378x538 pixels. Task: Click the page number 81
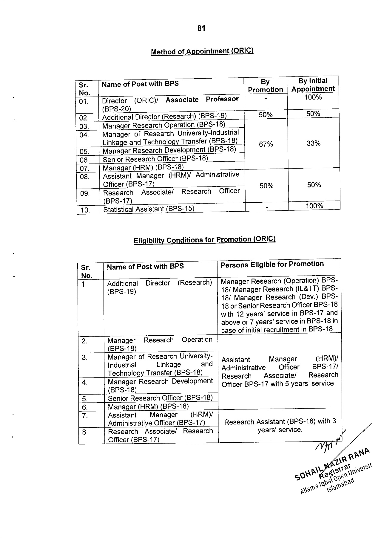tap(201, 28)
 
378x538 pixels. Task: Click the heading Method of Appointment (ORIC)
tap(202, 51)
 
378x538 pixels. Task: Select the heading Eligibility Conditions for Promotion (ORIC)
tap(204, 240)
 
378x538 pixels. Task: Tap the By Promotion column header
tap(265, 85)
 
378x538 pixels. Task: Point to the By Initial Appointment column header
tap(313, 85)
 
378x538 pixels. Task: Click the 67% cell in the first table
tap(266, 144)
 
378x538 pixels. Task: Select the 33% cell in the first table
tap(314, 143)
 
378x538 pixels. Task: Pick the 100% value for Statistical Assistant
tap(314, 206)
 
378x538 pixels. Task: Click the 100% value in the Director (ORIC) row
tap(313, 97)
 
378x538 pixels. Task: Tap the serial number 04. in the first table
tap(84, 135)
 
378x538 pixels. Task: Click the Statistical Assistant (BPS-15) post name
tap(149, 209)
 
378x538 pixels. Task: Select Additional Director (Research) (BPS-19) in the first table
tap(164, 117)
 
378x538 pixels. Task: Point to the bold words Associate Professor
tap(202, 100)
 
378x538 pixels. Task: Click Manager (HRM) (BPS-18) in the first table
tap(143, 167)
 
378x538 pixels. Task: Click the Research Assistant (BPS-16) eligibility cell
tap(280, 425)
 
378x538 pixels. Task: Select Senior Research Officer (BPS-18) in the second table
tap(160, 398)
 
